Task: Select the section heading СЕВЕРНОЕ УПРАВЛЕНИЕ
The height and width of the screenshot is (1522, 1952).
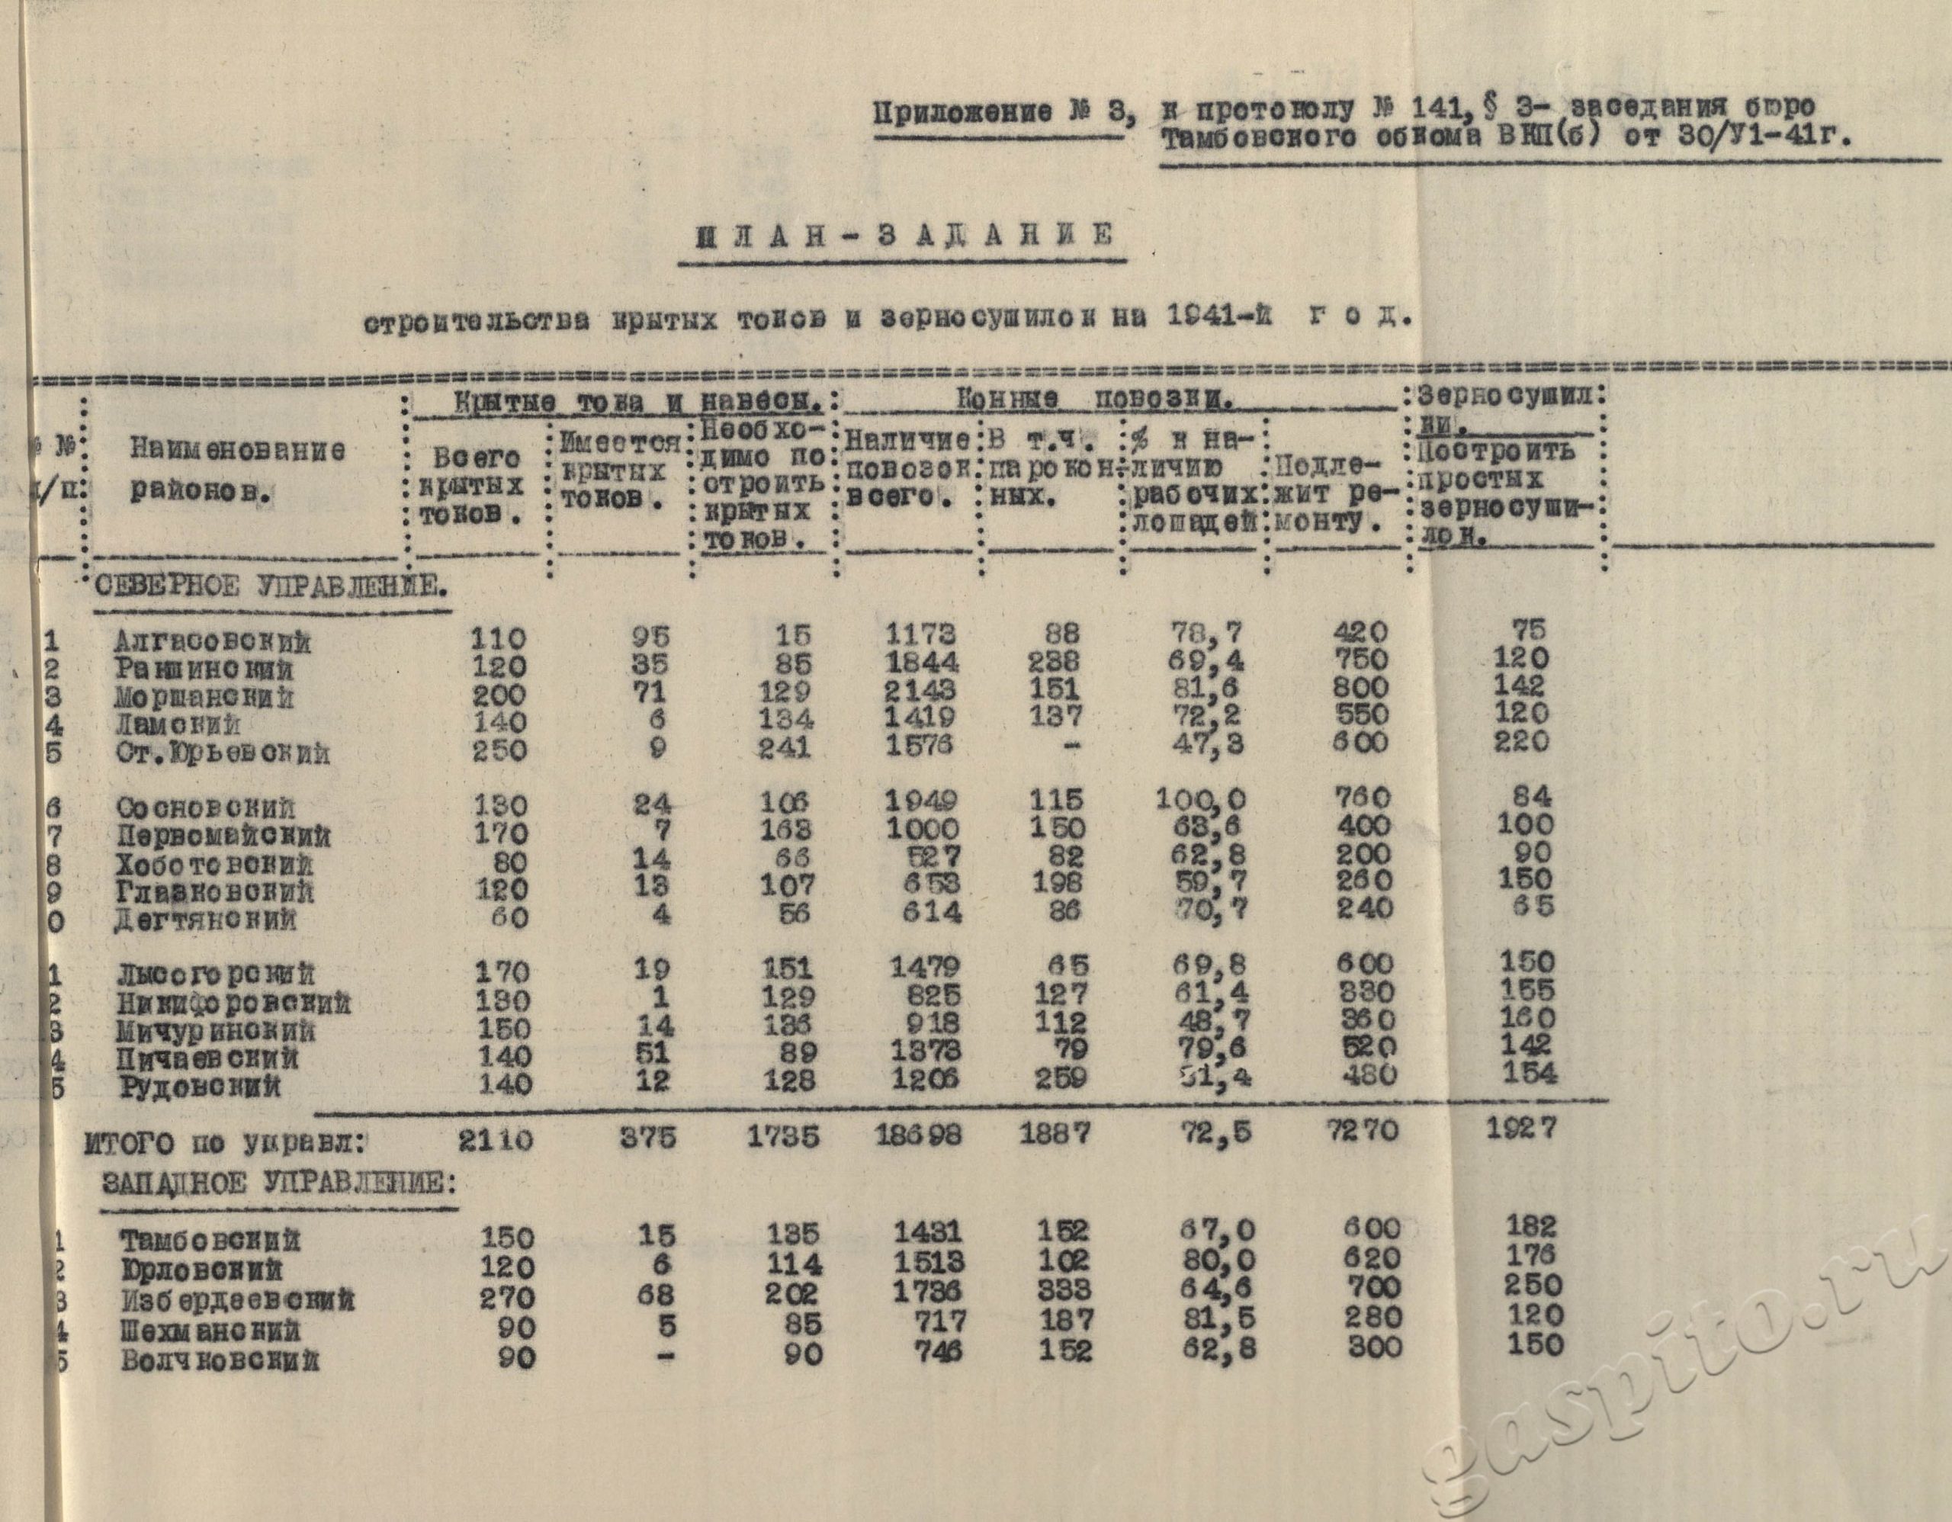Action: (x=271, y=587)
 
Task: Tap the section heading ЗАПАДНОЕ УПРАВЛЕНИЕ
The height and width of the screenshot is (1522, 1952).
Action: (x=279, y=1184)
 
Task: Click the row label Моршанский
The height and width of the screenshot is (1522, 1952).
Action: (x=204, y=697)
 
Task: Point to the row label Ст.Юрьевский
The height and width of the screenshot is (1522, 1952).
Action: (x=223, y=753)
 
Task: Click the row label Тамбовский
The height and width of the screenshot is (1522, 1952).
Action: (x=210, y=1241)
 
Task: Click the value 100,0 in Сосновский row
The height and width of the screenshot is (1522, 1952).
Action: (x=1200, y=798)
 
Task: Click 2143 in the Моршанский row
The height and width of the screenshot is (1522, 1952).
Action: (x=920, y=690)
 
